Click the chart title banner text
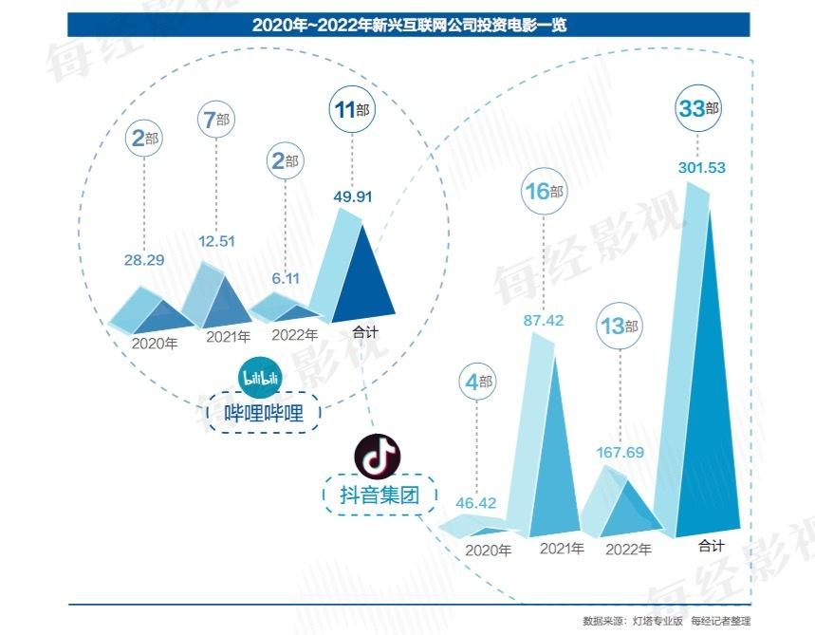pos(408,25)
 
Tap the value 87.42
pos(544,321)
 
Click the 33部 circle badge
pos(699,109)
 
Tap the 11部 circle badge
pos(351,110)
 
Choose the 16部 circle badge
pos(544,192)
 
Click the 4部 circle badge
pos(478,383)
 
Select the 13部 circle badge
pos(620,327)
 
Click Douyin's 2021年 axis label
pos(562,549)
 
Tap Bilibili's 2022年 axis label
pos(294,335)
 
